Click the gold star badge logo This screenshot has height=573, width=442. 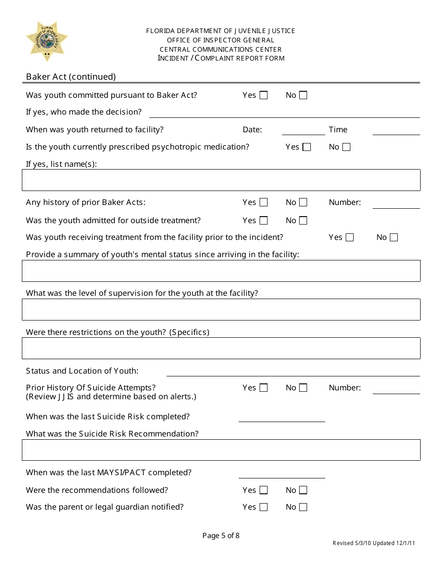pyautogui.click(x=47, y=41)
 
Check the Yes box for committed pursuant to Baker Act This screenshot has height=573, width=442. pyautogui.click(x=264, y=95)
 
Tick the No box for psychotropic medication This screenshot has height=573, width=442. pyautogui.click(x=346, y=147)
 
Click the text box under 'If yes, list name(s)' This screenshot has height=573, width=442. pyautogui.click(x=221, y=180)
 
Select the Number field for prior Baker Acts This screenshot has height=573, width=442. pyautogui.click(x=396, y=203)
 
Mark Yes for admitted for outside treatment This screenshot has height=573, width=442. pyautogui.click(x=264, y=221)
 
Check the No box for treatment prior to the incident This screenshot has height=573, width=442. pyautogui.click(x=394, y=238)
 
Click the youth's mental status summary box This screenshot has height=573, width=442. pyautogui.click(x=221, y=271)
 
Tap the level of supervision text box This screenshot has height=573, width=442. pyautogui.click(x=221, y=309)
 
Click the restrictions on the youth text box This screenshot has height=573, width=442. pyautogui.click(x=221, y=348)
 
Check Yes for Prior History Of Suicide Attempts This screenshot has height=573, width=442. pyautogui.click(x=264, y=388)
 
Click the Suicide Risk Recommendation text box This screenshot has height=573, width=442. pyautogui.click(x=221, y=450)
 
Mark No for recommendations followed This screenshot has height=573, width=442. pyautogui.click(x=303, y=490)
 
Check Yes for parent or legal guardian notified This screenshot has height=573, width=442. pyautogui.click(x=264, y=507)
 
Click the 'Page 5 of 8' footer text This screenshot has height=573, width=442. pyautogui.click(x=221, y=536)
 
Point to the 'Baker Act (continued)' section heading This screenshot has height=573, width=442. pyautogui.click(x=71, y=77)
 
